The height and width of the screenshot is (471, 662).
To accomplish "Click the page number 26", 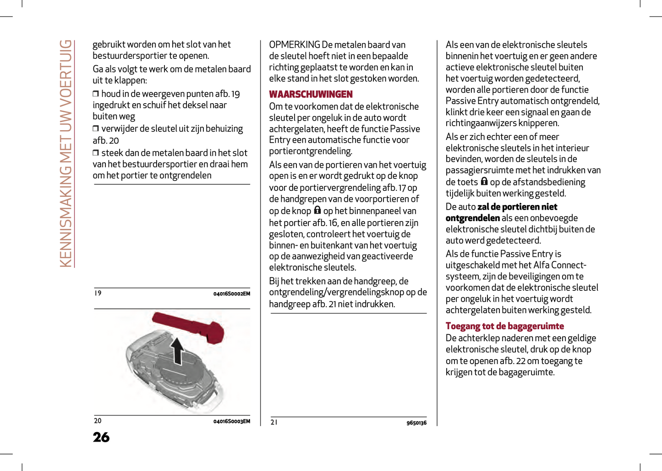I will (x=101, y=437).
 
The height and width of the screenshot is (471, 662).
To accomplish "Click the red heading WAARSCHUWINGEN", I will (x=311, y=94).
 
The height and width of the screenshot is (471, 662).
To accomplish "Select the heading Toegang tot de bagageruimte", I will (x=504, y=326).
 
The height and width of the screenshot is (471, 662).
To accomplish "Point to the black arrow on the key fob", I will (x=178, y=350).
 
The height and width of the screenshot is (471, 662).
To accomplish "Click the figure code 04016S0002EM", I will (x=231, y=294).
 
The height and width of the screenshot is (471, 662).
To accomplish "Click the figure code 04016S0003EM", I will (x=231, y=421).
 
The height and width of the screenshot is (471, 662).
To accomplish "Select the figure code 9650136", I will (x=416, y=423).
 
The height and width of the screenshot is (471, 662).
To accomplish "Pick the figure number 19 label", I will (x=98, y=293).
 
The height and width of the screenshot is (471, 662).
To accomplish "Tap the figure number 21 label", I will (x=274, y=422).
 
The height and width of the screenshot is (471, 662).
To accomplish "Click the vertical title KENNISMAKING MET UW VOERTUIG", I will (x=66, y=153).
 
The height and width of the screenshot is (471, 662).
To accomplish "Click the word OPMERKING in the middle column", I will (x=295, y=45).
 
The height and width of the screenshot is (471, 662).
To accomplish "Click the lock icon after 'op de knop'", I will (x=317, y=210).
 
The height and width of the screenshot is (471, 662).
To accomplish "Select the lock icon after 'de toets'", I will (x=484, y=181).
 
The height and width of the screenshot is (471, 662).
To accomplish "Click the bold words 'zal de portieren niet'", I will (x=517, y=207).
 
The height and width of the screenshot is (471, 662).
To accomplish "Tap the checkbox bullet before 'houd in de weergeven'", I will (x=96, y=94).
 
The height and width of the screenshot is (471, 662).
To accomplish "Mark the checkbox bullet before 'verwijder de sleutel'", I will (x=96, y=128).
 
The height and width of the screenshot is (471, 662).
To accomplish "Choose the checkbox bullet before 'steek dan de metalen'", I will (x=96, y=153).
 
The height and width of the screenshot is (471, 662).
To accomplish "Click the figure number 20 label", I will (x=98, y=421).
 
